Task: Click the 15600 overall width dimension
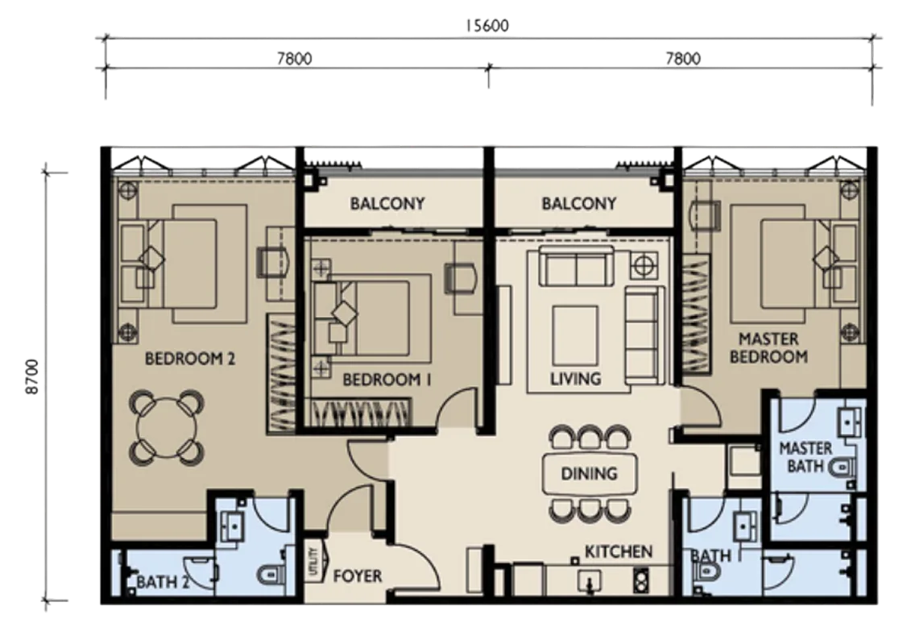point(487,26)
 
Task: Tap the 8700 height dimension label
point(32,376)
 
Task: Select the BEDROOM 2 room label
point(190,359)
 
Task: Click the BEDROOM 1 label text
point(387,380)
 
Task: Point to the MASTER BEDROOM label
point(768,347)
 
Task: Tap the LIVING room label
point(575,379)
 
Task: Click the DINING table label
point(589,474)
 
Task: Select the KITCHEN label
point(618,551)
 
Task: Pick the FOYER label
point(358,576)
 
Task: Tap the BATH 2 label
point(163,582)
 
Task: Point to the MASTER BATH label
point(805,457)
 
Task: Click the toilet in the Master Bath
point(843,467)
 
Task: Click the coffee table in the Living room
point(574,335)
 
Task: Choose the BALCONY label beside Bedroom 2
point(387,203)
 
